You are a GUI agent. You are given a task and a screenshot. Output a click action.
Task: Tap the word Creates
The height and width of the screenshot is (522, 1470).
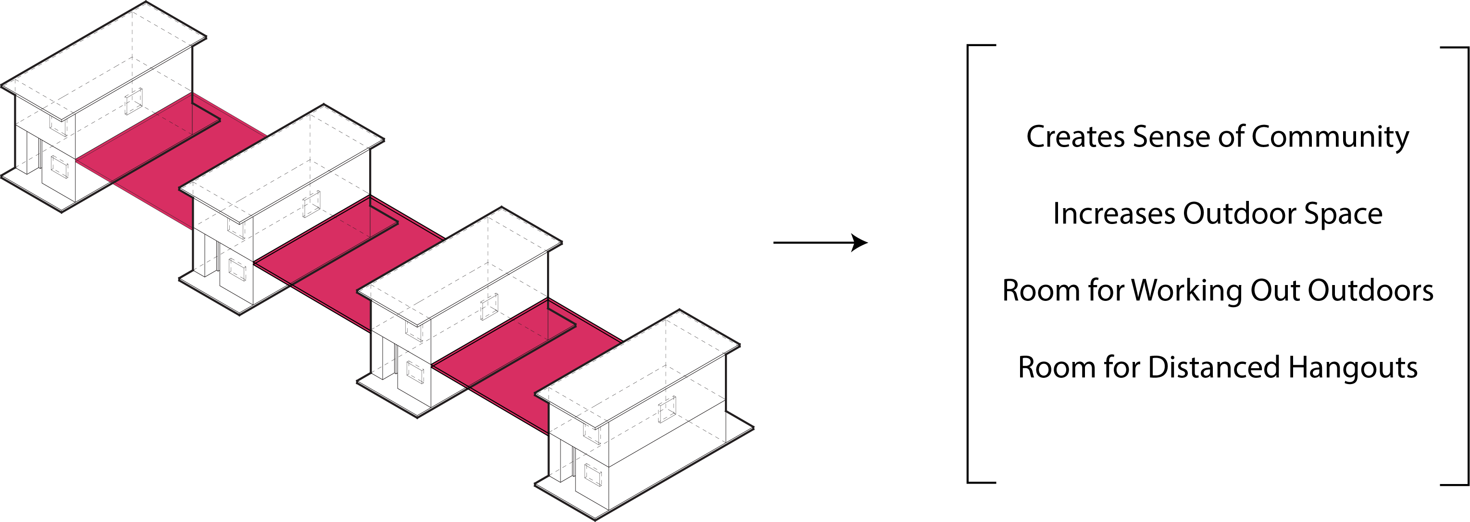pos(1075,137)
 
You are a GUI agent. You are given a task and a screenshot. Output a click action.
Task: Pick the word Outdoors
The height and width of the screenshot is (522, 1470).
pos(1370,291)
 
